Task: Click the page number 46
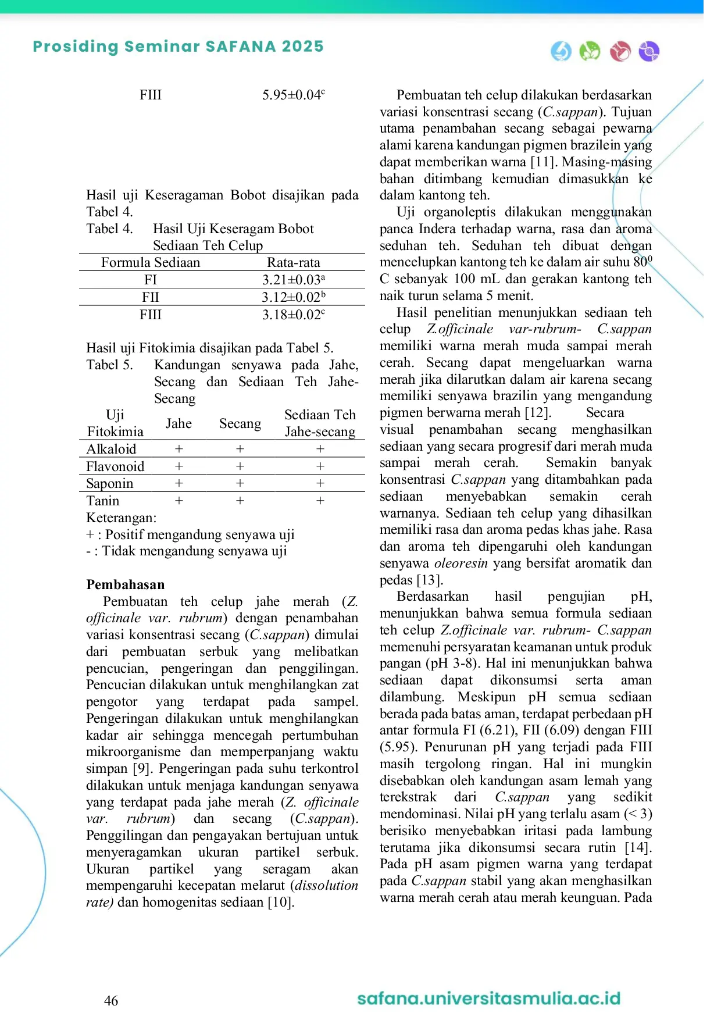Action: click(110, 1000)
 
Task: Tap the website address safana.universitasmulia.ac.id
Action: click(488, 998)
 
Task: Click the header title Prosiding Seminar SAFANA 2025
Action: click(178, 47)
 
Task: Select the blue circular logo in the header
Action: click(561, 51)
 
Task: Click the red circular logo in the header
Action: click(620, 51)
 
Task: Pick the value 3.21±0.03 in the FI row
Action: click(293, 280)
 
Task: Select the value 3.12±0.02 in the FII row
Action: click(293, 297)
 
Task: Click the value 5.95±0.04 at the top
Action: click(293, 95)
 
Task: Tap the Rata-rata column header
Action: click(293, 262)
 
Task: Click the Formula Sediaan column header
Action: click(151, 262)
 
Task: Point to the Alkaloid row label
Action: click(111, 449)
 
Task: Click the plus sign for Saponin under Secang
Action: click(240, 483)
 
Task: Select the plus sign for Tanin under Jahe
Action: click(179, 501)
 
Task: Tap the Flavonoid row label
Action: click(115, 466)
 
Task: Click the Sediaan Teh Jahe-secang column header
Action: click(320, 423)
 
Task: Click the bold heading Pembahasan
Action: click(126, 584)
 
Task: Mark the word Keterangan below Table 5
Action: click(121, 518)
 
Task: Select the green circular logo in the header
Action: click(590, 51)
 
